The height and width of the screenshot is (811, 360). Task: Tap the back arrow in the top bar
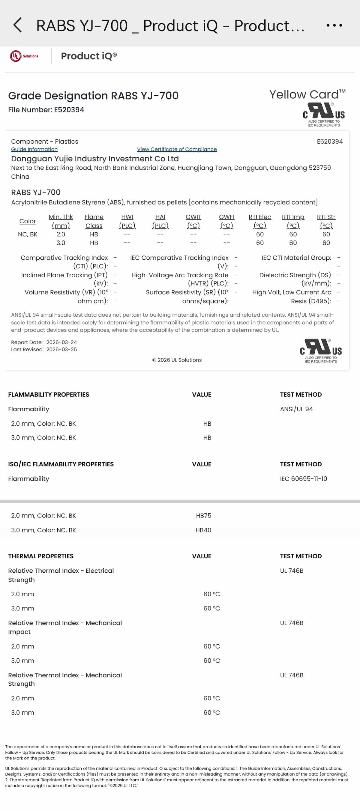(18, 25)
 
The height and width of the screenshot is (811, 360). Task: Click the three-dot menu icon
(334, 25)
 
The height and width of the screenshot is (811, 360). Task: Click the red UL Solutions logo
(24, 56)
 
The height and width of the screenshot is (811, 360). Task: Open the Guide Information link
(34, 149)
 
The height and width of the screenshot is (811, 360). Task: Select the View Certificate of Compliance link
(177, 149)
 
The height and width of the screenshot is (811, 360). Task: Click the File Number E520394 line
(46, 109)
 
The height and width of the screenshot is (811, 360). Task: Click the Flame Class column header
(94, 221)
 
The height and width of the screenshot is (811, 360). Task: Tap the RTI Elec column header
(259, 221)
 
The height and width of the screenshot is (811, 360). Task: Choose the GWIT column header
(193, 221)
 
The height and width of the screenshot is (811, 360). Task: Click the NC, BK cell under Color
(27, 234)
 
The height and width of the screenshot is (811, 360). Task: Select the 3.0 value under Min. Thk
(61, 243)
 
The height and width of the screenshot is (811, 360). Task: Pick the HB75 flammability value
(203, 515)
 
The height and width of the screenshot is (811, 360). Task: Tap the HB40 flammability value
(203, 530)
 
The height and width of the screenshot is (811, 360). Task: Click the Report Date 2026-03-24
(61, 342)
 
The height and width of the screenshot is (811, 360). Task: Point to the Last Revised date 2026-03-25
(61, 350)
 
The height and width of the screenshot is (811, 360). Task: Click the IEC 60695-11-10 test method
(303, 479)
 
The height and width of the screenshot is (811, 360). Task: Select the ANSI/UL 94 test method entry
(296, 409)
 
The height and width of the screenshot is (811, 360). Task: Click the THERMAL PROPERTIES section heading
(40, 556)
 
